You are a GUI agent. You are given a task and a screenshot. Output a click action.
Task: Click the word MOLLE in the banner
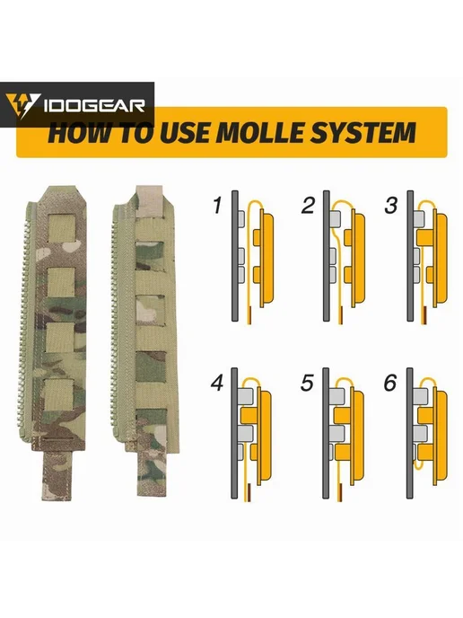coord(258,132)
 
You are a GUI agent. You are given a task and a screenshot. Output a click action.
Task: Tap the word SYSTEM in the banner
coord(363,132)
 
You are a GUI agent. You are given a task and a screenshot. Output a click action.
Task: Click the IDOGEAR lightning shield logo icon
coord(22,105)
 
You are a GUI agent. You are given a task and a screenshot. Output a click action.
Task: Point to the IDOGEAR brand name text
coord(94,106)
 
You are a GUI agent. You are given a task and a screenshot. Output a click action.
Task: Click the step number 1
coord(217,206)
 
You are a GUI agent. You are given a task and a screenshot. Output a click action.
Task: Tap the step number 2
coord(309,206)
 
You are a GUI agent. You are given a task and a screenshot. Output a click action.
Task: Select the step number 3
coord(391,206)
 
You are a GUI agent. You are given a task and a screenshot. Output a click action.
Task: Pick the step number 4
coord(217,383)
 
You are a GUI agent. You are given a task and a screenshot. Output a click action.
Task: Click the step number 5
coord(307,383)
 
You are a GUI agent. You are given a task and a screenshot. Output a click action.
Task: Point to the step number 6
coord(390,383)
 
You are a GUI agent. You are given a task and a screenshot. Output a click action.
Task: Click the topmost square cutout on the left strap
coord(61,228)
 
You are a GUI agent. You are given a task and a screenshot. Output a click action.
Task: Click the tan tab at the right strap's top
coord(148,201)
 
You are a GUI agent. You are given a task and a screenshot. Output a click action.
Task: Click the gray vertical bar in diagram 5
coord(326,433)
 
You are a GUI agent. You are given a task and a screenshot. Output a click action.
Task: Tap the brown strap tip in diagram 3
coord(424,316)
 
